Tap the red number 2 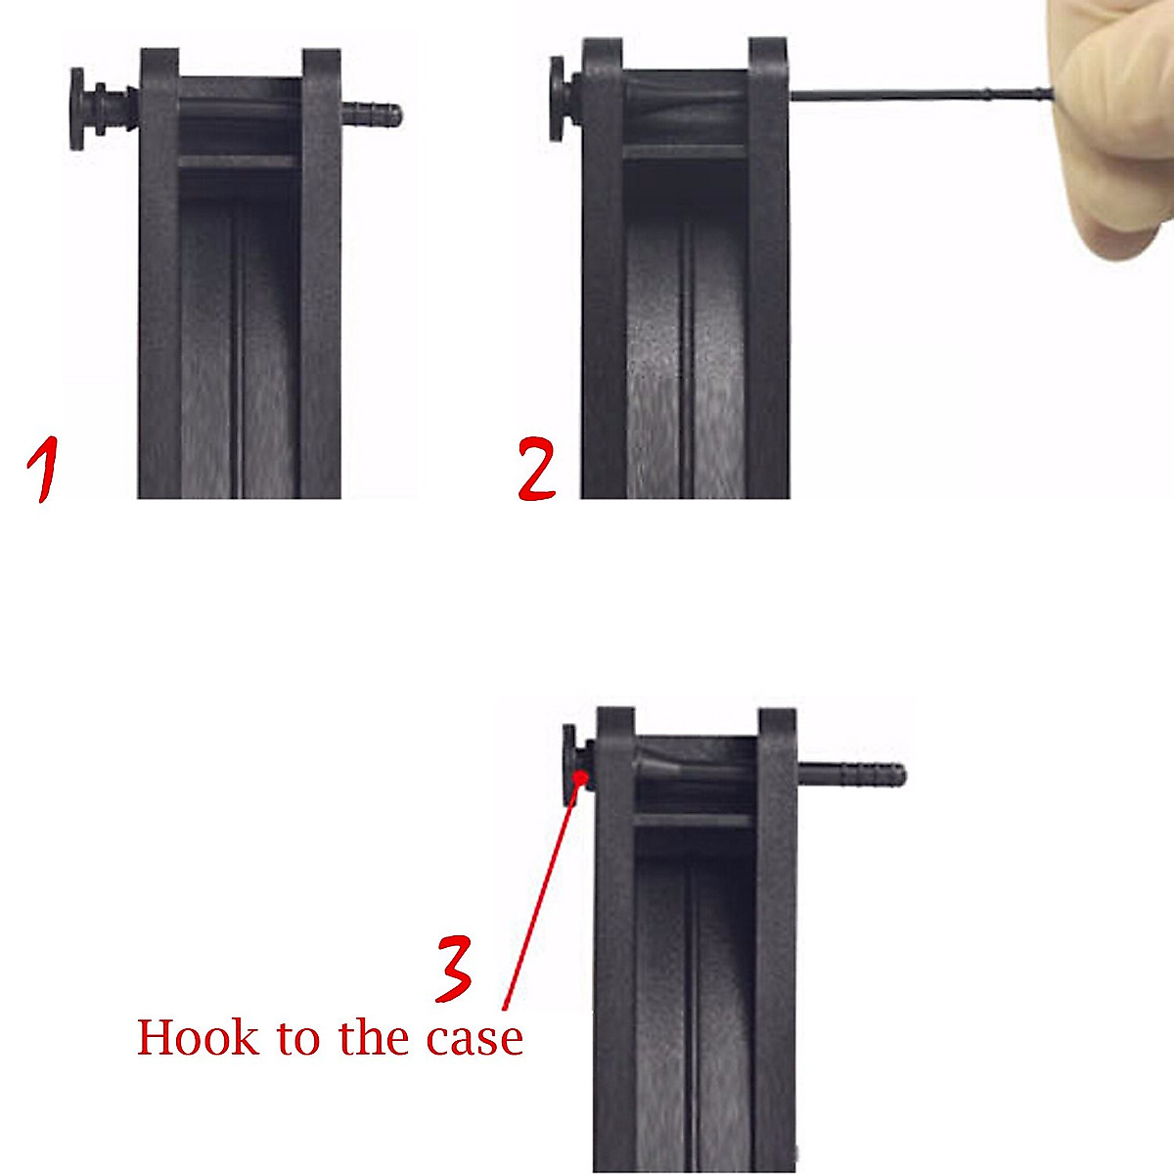click(x=537, y=471)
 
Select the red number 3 click(x=453, y=969)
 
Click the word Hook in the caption click(x=199, y=1037)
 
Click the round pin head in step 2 click(x=557, y=98)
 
